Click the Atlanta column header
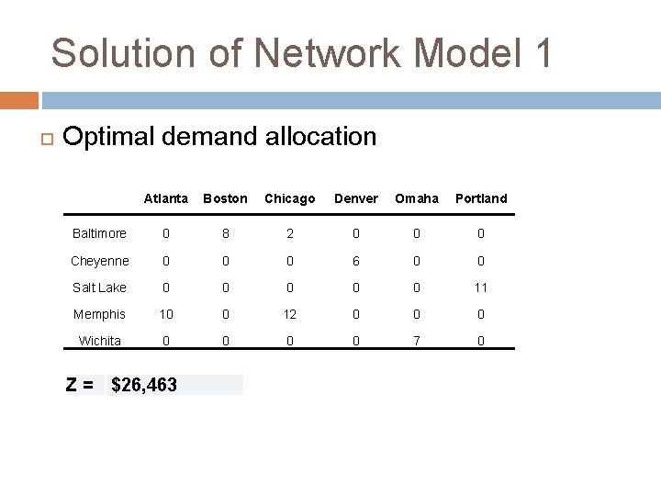tap(166, 198)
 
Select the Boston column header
tap(225, 198)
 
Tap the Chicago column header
tap(289, 198)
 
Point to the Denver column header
tap(356, 198)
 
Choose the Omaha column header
tap(417, 198)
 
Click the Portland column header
tap(481, 198)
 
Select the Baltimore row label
tap(99, 233)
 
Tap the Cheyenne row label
tap(99, 261)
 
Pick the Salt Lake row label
tap(99, 287)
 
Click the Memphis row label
tap(99, 314)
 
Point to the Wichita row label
tap(99, 341)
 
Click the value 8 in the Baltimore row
tap(225, 233)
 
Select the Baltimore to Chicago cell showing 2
tap(289, 233)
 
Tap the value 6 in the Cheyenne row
tap(356, 261)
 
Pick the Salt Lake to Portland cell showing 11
tap(481, 287)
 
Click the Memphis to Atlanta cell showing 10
tap(166, 314)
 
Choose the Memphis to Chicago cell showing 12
tap(289, 314)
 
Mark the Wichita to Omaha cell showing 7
tap(417, 341)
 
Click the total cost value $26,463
tap(144, 385)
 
